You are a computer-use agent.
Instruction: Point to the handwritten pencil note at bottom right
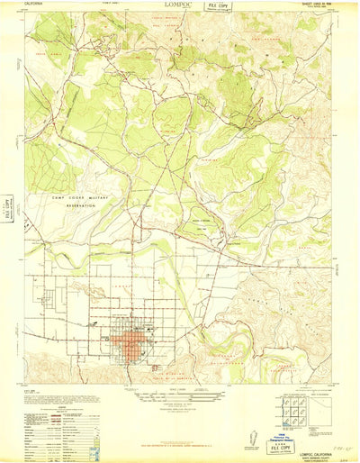click(x=337, y=442)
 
